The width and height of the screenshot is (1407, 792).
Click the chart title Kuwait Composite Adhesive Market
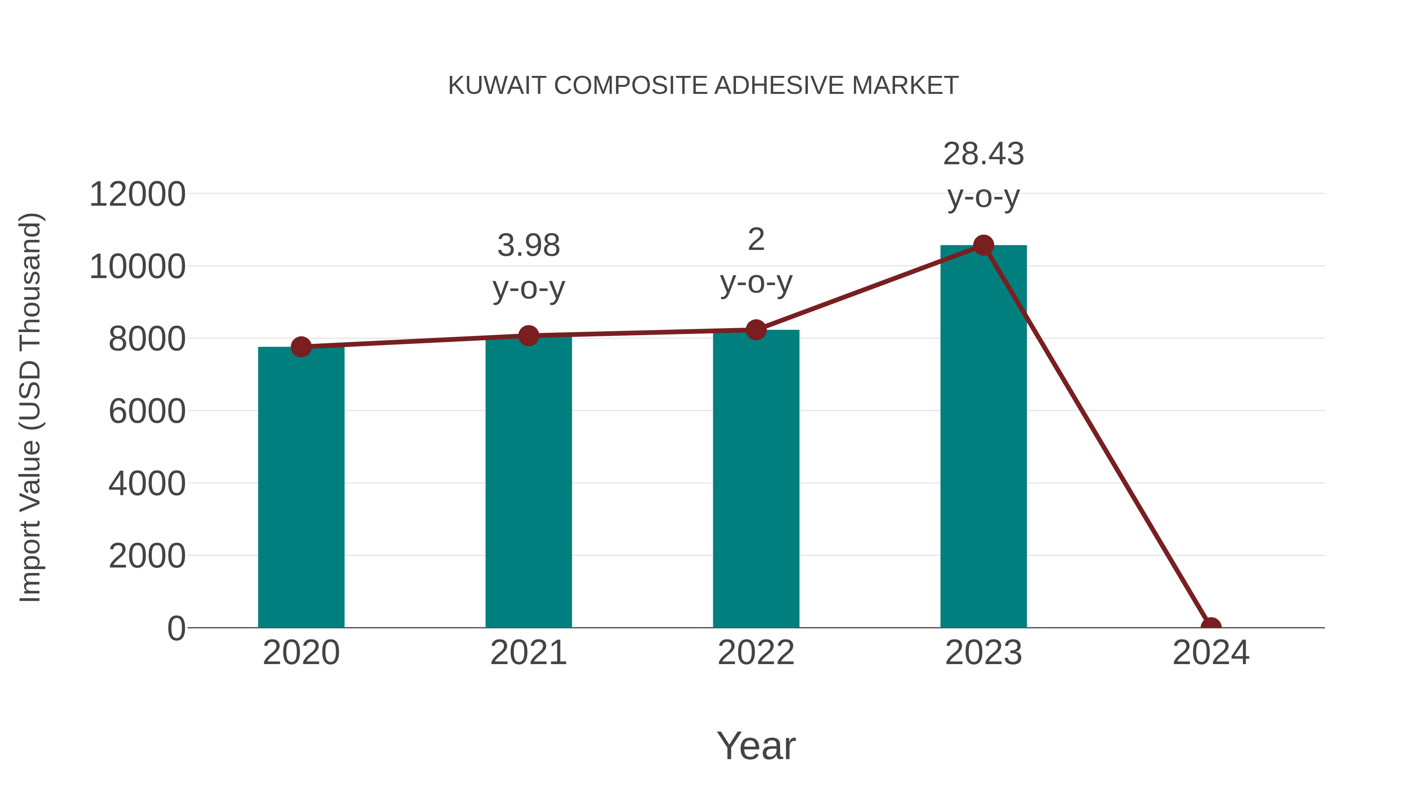703,86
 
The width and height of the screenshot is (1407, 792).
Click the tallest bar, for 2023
983,437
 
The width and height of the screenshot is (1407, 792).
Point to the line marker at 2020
301,347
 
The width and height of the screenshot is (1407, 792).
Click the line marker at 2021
528,336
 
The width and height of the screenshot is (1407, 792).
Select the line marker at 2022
756,330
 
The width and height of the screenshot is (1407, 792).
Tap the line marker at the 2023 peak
983,245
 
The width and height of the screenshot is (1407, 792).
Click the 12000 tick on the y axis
137,195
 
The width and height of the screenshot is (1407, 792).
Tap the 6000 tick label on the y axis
147,411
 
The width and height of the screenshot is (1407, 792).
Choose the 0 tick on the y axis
176,629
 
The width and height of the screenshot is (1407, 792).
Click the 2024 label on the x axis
1211,653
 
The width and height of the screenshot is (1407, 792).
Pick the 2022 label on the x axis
756,653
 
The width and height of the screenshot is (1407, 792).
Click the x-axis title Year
756,746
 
